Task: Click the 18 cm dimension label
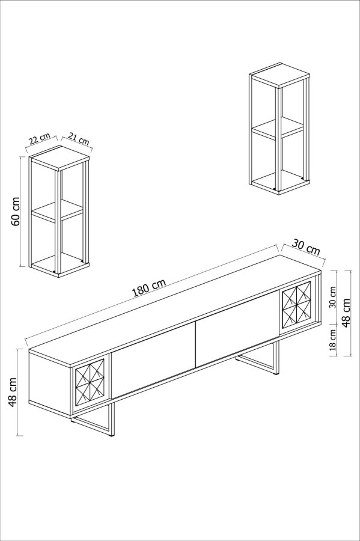click(332, 340)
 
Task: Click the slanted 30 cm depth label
click(305, 246)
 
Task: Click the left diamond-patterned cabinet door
click(90, 382)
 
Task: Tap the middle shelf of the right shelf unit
click(276, 127)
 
